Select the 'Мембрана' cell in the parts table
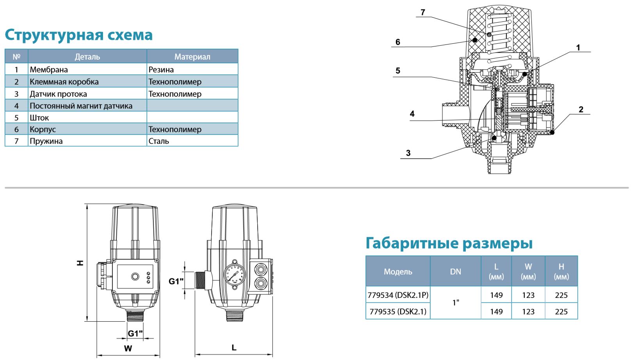coord(49,70)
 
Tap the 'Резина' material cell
coord(161,70)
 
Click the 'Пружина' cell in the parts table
coord(46,141)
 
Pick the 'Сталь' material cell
coord(158,141)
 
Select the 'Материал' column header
coord(192,57)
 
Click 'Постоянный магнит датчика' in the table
coord(81,105)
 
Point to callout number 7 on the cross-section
coord(423,12)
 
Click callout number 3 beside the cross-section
coord(408,153)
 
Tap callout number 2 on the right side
coord(581,109)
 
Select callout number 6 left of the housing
coord(398,42)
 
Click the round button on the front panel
coord(135,276)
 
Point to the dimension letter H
coord(80,263)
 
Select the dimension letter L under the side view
coord(234,347)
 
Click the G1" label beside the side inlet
coord(176,281)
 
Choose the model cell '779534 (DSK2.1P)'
coord(398,295)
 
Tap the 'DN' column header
coord(456,271)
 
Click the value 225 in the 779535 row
coord(561,312)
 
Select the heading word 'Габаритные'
coord(411,243)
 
